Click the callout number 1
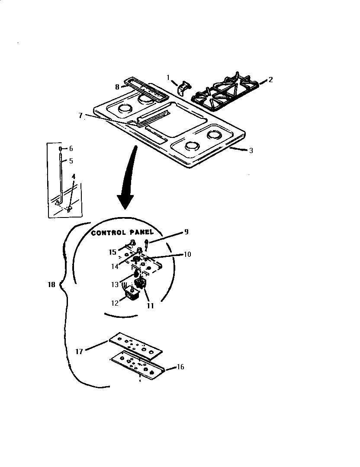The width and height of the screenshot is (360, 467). (169, 77)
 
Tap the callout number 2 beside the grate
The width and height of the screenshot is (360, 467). (270, 80)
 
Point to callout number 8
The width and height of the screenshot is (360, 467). (117, 86)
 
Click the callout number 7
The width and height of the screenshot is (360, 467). (80, 115)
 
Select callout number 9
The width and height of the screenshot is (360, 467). (186, 232)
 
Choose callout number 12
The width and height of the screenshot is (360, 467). (114, 303)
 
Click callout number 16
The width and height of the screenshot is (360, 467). (180, 367)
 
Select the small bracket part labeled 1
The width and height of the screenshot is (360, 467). (183, 86)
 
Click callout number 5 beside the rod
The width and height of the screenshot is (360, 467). (71, 160)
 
